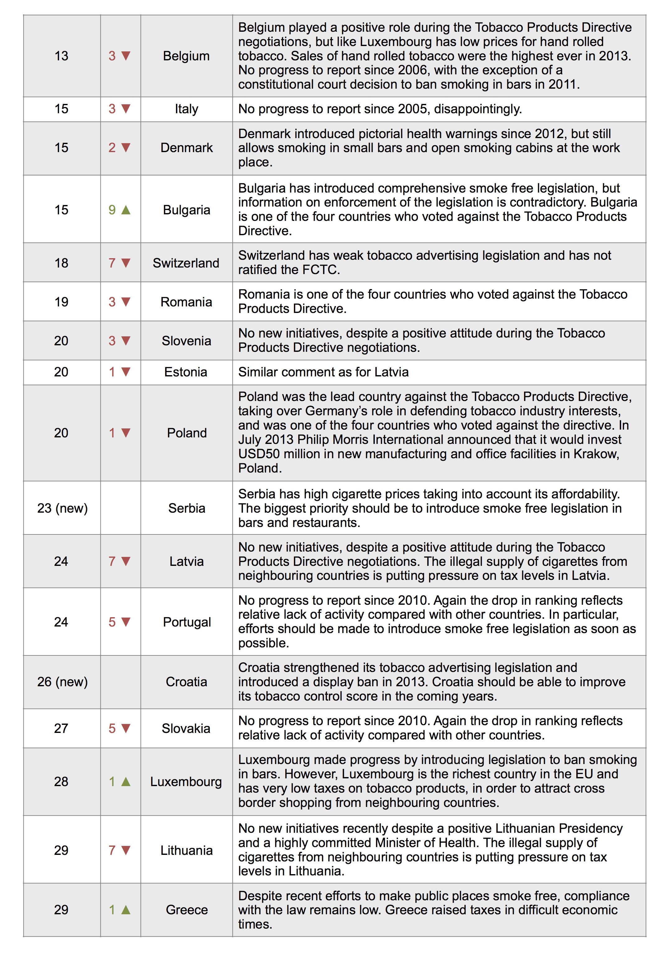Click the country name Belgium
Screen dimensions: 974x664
click(186, 56)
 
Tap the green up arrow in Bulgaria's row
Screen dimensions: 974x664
click(126, 210)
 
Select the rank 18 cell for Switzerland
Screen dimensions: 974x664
click(61, 263)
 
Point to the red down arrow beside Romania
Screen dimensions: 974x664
click(126, 302)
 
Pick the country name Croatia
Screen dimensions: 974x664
click(186, 682)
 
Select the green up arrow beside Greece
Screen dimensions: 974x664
click(126, 910)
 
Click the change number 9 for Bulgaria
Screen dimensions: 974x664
click(112, 210)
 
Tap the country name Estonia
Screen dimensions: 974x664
click(186, 372)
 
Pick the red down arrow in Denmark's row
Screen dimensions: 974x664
click(126, 147)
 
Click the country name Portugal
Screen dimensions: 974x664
click(187, 622)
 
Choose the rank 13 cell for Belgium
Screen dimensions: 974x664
click(61, 56)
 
